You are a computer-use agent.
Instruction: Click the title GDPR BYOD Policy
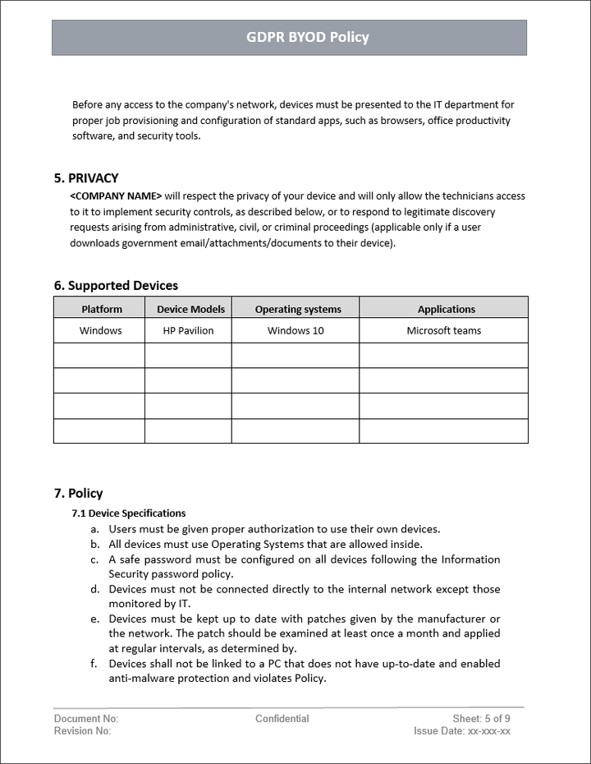point(308,37)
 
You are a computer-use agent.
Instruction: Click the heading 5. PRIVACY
point(86,178)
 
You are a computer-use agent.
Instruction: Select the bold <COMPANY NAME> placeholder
point(116,196)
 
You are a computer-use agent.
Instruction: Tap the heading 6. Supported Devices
point(116,286)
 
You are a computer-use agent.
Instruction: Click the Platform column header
point(102,310)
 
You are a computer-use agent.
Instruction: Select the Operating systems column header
point(297,310)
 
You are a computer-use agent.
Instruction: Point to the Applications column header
point(446,310)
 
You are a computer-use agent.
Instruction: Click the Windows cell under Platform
point(100,331)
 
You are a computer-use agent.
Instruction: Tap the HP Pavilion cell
point(189,331)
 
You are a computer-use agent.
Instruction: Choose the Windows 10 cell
point(295,331)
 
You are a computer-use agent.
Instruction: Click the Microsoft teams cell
point(444,331)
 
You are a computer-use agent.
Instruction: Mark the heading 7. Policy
point(78,494)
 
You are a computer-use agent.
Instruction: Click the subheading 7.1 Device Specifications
point(129,513)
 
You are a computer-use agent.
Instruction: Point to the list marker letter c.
point(94,560)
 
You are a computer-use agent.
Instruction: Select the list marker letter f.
point(94,664)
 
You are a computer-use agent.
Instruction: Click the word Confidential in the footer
point(282,719)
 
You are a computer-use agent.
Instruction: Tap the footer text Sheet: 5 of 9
point(481,719)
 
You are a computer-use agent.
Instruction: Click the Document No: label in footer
point(86,719)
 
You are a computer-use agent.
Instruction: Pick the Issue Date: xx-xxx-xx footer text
point(462,731)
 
